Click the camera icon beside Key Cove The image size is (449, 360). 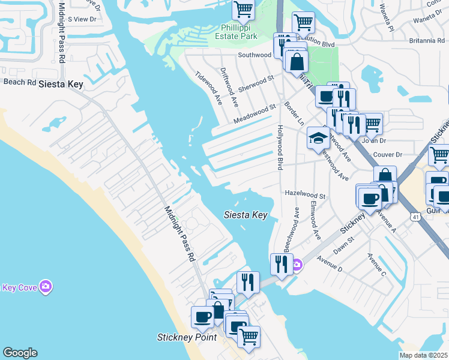pyautogui.click(x=46, y=287)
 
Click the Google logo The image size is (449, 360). pyautogui.click(x=20, y=353)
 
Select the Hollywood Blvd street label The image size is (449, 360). pyautogui.click(x=280, y=147)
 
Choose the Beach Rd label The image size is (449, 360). pyautogui.click(x=20, y=82)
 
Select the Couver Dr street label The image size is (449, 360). pyautogui.click(x=387, y=154)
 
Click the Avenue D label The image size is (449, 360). pyautogui.click(x=330, y=263)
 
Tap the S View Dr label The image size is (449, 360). pyautogui.click(x=82, y=19)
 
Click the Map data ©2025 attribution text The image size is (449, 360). pyautogui.click(x=423, y=355)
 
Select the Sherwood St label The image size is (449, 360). pyautogui.click(x=256, y=83)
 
